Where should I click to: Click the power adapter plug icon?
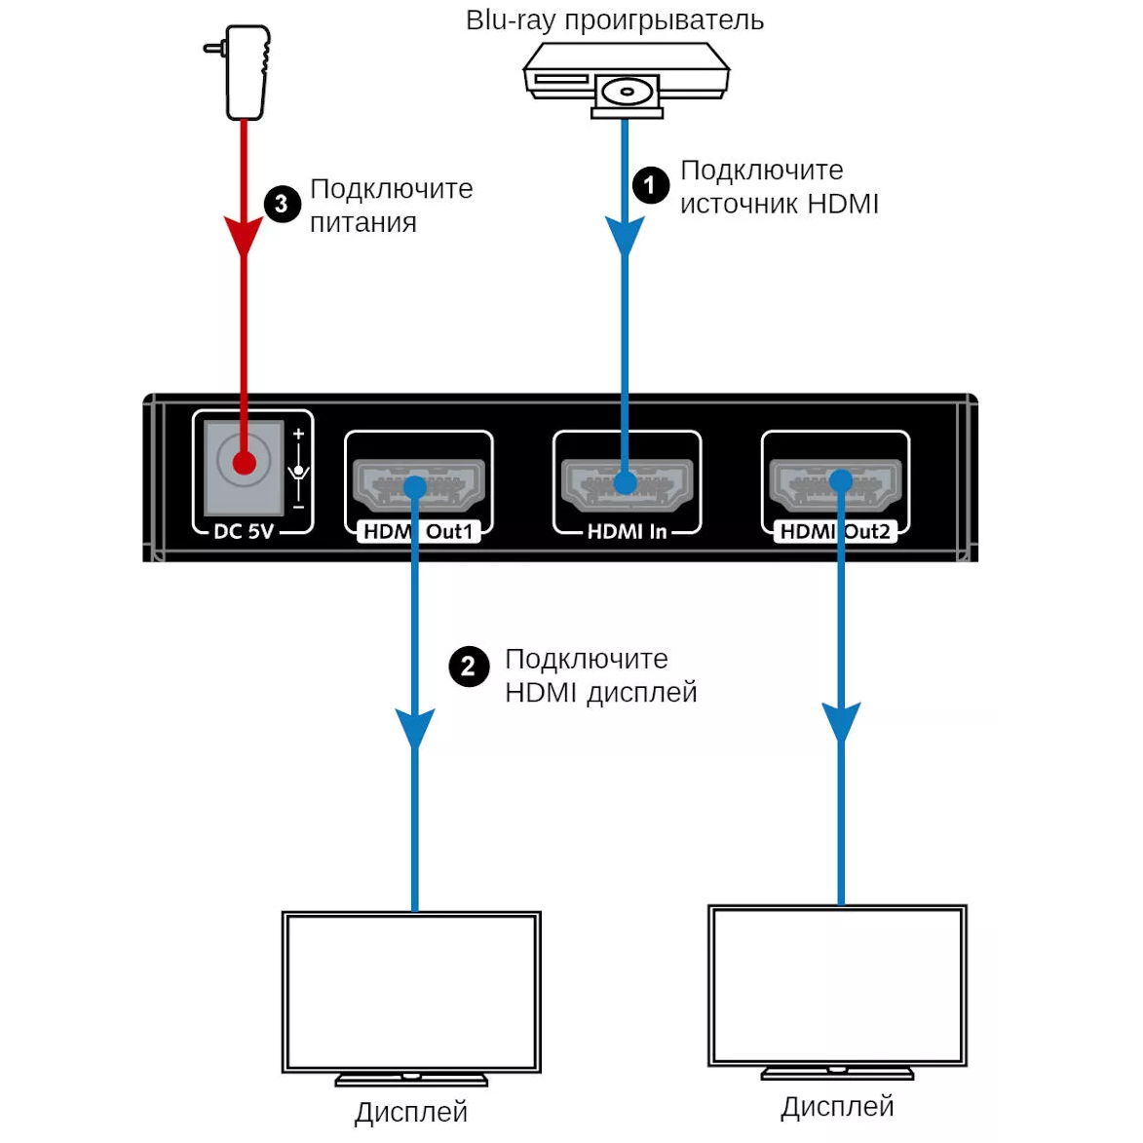[x=242, y=73]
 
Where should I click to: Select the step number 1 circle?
[x=650, y=184]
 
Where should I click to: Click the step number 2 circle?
[x=468, y=667]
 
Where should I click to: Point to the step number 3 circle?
[x=282, y=203]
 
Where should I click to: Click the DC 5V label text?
[x=244, y=531]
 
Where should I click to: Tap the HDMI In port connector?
[x=627, y=483]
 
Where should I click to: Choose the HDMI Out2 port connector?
[x=835, y=483]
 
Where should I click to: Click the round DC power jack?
[x=244, y=462]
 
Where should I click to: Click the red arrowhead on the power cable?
[x=244, y=237]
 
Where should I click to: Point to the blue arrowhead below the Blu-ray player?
[x=625, y=236]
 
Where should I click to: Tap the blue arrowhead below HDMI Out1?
[x=415, y=728]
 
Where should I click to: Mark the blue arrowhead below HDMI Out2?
[x=841, y=722]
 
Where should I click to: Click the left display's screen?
[x=411, y=992]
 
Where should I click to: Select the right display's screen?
[x=837, y=985]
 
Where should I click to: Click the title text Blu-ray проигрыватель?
[x=614, y=20]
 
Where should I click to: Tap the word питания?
[x=362, y=223]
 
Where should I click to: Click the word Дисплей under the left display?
[x=410, y=1112]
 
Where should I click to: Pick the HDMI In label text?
[x=627, y=531]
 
